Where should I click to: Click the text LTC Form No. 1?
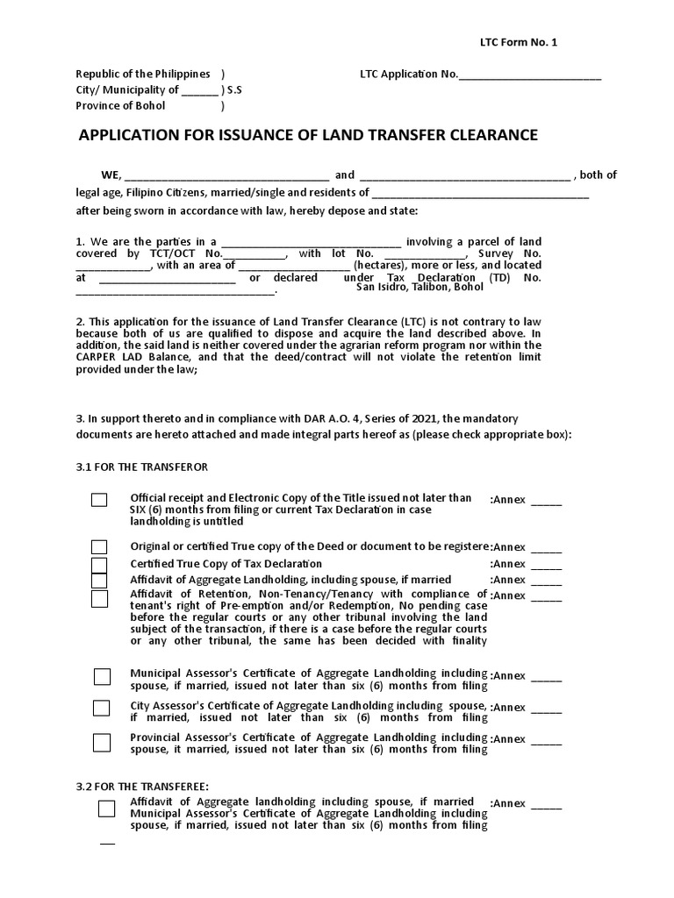point(518,43)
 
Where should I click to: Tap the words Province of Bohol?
point(120,105)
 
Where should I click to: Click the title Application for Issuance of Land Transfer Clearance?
point(308,135)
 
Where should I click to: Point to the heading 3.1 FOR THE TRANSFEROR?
point(142,466)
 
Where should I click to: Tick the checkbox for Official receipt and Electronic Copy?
point(99,500)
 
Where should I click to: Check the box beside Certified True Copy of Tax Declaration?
point(99,564)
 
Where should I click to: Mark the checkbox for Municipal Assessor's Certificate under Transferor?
point(103,676)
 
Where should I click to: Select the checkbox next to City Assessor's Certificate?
point(102,708)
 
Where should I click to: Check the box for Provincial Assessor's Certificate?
point(102,742)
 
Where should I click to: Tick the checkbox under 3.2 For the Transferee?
point(106,809)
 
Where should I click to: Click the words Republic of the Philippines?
point(143,74)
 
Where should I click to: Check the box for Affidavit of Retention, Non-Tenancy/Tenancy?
point(99,598)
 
